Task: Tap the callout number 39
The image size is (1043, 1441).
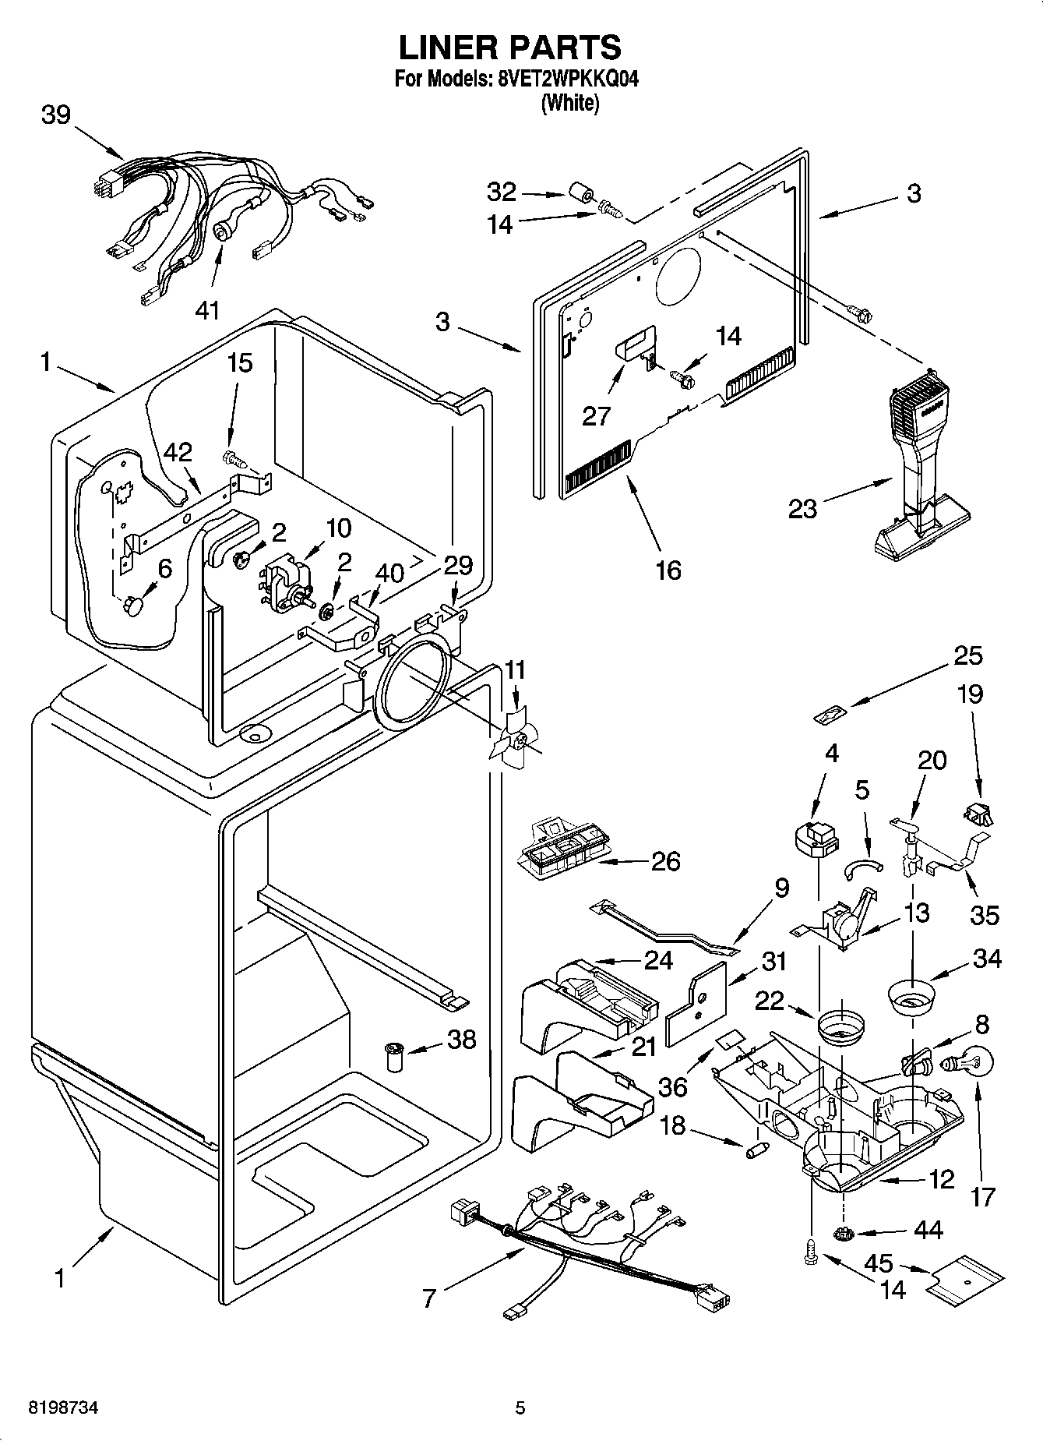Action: (56, 115)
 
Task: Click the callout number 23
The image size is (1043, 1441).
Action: (802, 509)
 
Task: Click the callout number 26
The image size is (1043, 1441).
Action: (665, 861)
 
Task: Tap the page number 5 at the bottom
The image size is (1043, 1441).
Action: (520, 1408)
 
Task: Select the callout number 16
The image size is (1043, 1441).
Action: (668, 570)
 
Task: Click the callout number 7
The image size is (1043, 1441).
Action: (429, 1298)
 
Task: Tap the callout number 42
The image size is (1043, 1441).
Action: (178, 453)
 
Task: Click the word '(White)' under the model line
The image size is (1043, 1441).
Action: (570, 103)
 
